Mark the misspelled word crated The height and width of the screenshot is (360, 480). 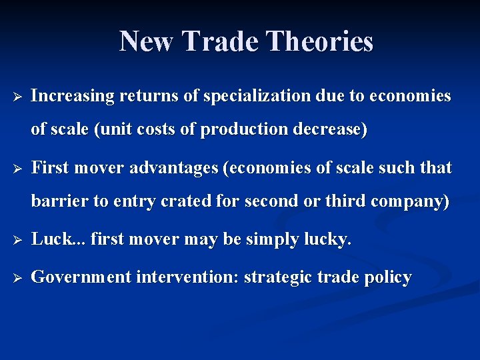[177, 201]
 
